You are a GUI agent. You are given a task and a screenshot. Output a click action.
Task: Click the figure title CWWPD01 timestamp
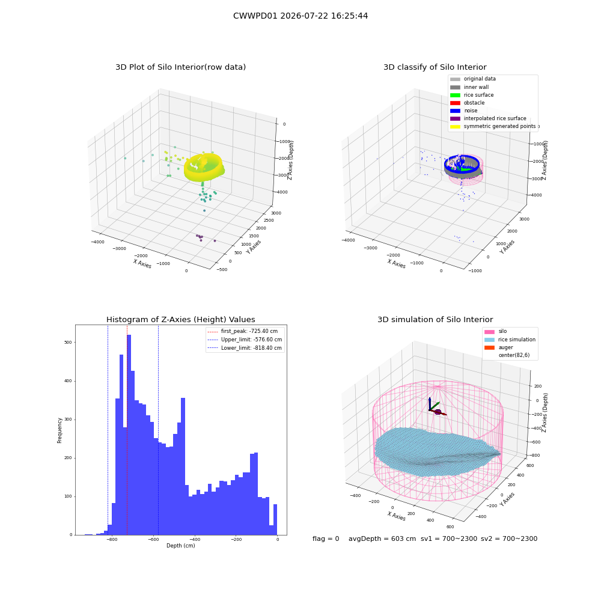click(300, 16)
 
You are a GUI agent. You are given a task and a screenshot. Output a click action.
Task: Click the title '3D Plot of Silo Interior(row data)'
click(180, 67)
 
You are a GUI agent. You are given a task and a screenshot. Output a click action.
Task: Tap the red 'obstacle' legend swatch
click(455, 103)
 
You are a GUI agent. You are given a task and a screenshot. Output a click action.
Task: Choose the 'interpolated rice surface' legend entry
click(488, 118)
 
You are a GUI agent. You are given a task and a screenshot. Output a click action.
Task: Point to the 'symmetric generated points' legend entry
click(493, 126)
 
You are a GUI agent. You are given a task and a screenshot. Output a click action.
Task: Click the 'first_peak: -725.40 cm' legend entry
click(243, 331)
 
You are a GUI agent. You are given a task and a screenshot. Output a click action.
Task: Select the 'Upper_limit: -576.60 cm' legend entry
click(245, 340)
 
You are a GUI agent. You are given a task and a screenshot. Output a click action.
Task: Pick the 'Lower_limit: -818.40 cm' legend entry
click(245, 348)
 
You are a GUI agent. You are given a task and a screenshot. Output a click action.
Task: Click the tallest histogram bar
click(129, 435)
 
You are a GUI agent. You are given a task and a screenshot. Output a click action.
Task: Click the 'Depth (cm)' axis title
click(181, 546)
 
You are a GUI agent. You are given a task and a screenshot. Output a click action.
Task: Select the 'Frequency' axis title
click(59, 430)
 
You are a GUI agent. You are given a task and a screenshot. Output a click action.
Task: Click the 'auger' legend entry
click(499, 347)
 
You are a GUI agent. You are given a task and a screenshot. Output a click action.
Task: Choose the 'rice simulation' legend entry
click(510, 340)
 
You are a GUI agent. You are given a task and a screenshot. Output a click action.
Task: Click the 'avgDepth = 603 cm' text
click(382, 538)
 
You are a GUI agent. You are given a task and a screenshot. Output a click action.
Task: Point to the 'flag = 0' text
click(326, 538)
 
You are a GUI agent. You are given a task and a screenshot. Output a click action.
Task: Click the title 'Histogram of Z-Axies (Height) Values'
click(180, 320)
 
